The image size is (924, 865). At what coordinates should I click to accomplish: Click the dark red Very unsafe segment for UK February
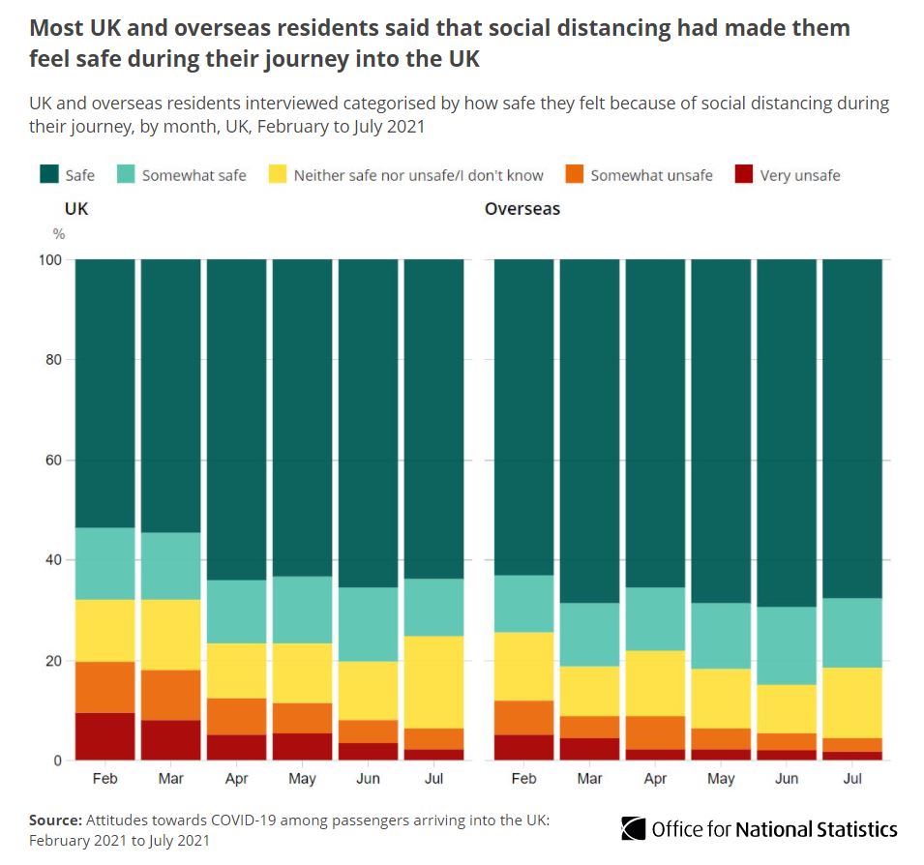coord(104,736)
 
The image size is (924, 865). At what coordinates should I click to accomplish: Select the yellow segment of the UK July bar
coord(433,681)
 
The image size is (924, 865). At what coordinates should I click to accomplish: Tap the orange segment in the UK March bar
coord(171,695)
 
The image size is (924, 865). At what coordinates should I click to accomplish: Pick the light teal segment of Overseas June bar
coord(787,645)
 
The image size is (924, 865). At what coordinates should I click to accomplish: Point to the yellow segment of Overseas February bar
coord(523,666)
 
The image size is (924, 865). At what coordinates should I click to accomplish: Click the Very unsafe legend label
coord(799,175)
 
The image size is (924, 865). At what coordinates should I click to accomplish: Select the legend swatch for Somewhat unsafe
coord(574,175)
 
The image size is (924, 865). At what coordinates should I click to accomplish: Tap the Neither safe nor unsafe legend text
coord(418,175)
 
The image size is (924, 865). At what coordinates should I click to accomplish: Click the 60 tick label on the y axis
coord(54,461)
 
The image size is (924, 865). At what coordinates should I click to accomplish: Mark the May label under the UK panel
coord(302,778)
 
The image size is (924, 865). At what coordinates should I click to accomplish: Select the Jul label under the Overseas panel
coord(852,778)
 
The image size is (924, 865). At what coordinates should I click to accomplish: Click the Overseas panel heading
coord(522,208)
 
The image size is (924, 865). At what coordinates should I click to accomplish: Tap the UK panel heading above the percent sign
coord(75,208)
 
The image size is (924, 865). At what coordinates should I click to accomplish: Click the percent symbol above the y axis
coord(59,233)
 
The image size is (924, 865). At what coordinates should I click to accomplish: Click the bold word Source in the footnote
coord(54,820)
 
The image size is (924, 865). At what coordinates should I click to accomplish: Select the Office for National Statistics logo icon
coord(634,829)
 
